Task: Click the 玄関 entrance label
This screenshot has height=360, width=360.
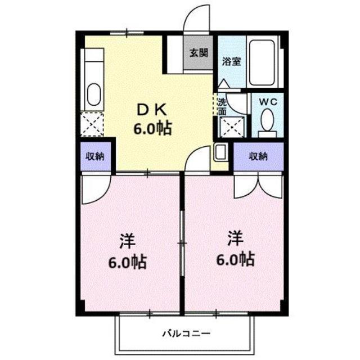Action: [x=199, y=53]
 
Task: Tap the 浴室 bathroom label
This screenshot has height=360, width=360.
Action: [x=231, y=61]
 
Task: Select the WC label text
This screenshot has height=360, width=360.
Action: [x=268, y=102]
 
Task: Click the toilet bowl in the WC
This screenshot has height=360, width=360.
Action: [x=268, y=119]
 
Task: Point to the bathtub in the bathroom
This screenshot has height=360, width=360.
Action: [x=262, y=62]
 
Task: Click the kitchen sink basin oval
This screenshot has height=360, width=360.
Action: [x=94, y=94]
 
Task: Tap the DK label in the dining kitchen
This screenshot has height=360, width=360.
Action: [x=151, y=110]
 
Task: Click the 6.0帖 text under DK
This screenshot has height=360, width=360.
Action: [x=152, y=128]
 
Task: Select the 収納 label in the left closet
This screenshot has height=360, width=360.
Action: [x=95, y=156]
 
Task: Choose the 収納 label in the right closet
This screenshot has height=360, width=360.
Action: [x=259, y=156]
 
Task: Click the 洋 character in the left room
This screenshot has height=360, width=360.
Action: [x=128, y=241]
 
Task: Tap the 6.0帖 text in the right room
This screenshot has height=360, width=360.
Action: [x=236, y=259]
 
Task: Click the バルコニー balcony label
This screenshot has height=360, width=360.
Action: [x=186, y=333]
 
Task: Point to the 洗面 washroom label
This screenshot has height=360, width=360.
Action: [x=222, y=106]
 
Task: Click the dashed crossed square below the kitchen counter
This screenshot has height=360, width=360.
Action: [x=92, y=124]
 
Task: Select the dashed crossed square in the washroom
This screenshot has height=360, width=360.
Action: [x=232, y=127]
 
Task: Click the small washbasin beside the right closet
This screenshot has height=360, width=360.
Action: [x=220, y=152]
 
